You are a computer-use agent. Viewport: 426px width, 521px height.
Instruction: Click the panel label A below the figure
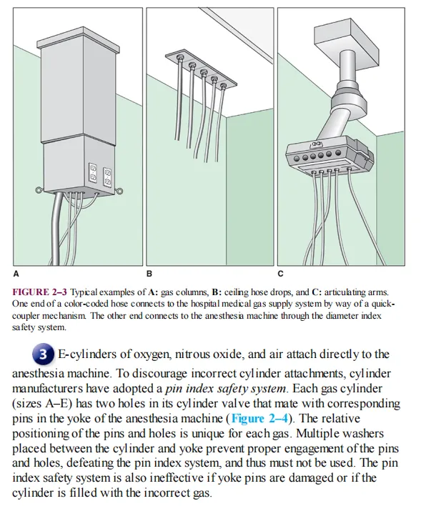pyautogui.click(x=16, y=274)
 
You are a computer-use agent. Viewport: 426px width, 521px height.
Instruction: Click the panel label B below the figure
pyautogui.click(x=149, y=274)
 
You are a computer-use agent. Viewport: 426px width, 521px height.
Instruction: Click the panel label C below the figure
pyautogui.click(x=280, y=274)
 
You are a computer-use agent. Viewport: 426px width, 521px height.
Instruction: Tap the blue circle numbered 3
pyautogui.click(x=43, y=354)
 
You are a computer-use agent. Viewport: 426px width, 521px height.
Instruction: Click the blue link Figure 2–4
pyautogui.click(x=259, y=418)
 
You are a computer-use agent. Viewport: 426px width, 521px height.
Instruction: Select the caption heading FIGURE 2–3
pyautogui.click(x=39, y=292)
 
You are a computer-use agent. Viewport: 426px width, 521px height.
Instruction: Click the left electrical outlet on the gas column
pyautogui.click(x=94, y=173)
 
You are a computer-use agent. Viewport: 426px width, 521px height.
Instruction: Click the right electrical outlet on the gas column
pyautogui.click(x=107, y=177)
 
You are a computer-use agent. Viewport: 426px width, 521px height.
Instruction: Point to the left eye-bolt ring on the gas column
pyautogui.click(x=39, y=190)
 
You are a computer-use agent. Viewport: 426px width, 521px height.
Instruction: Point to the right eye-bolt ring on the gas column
pyautogui.click(x=119, y=191)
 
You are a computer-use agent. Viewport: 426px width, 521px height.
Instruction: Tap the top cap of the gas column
pyautogui.click(x=78, y=40)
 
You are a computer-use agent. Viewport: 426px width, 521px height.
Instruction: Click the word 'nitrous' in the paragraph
pyautogui.click(x=192, y=354)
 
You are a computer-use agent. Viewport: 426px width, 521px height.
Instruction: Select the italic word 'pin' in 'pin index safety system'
pyautogui.click(x=173, y=389)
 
